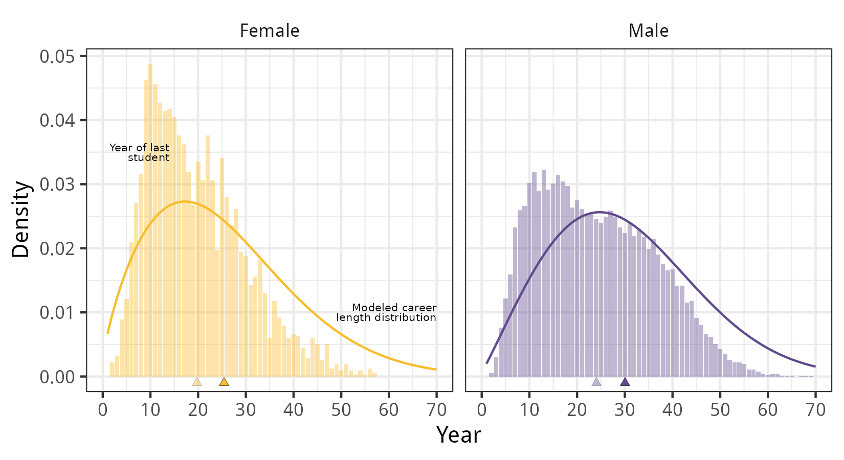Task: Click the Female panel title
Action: (x=270, y=31)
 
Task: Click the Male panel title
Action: (x=648, y=31)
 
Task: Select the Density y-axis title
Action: (x=21, y=219)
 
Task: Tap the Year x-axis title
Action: (x=458, y=435)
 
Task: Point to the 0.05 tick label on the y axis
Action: (x=56, y=56)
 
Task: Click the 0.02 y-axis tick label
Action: (x=56, y=248)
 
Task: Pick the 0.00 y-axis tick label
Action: (x=56, y=377)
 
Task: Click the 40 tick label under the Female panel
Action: (x=293, y=409)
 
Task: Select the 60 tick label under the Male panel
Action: (x=767, y=409)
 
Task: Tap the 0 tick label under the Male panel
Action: (x=481, y=409)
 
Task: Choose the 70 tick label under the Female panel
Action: (x=436, y=409)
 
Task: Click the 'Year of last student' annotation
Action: (x=140, y=152)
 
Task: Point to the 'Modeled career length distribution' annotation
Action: (x=387, y=312)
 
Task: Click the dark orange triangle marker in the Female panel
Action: (x=224, y=382)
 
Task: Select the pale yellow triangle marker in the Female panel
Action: (x=197, y=382)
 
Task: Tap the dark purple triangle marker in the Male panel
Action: (x=625, y=382)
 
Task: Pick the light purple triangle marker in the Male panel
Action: (x=596, y=382)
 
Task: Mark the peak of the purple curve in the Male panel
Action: (x=599, y=212)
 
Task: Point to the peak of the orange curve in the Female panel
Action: (x=185, y=201)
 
